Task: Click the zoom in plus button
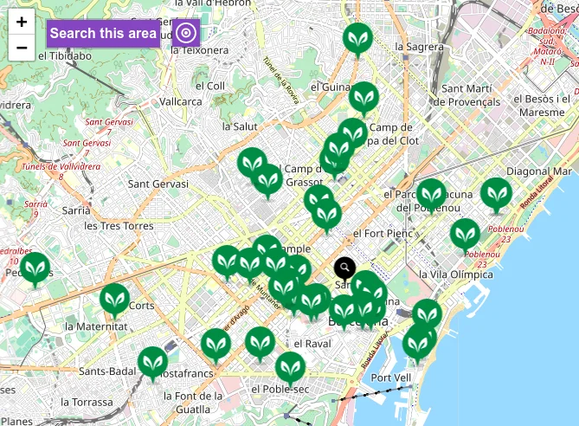click(x=22, y=23)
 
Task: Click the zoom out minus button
click(x=22, y=48)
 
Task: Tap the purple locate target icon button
click(x=186, y=34)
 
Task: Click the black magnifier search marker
click(x=344, y=268)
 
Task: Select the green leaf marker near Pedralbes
click(x=35, y=268)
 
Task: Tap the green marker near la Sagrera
click(x=357, y=39)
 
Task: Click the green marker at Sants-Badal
click(x=153, y=364)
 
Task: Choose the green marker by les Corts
click(x=114, y=300)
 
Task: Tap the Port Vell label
click(x=390, y=378)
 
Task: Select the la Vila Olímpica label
click(x=454, y=274)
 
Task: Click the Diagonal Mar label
click(x=539, y=171)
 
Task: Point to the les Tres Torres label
click(x=119, y=226)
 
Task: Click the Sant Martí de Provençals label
click(x=471, y=94)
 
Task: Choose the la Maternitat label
click(x=95, y=326)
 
